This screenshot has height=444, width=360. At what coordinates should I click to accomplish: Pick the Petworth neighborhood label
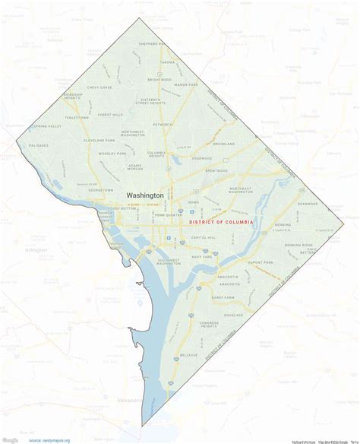(x=163, y=123)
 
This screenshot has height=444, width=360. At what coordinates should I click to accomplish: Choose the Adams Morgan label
(x=134, y=166)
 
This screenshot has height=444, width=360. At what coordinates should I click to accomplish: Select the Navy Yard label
(x=202, y=257)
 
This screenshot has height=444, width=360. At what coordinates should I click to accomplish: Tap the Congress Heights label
(x=209, y=325)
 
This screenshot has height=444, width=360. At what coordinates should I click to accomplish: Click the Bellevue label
(x=188, y=354)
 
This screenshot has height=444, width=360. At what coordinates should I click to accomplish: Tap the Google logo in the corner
(x=10, y=439)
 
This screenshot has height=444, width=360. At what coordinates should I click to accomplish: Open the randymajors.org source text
(x=55, y=440)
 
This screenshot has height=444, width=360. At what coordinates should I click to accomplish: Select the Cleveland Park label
(x=99, y=141)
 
